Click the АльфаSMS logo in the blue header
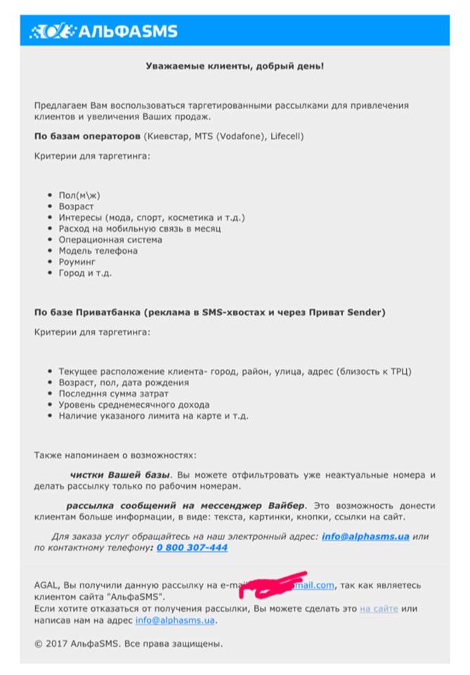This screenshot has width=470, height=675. [103, 31]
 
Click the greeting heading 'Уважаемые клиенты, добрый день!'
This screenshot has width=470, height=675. [235, 65]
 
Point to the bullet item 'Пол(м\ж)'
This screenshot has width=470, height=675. [79, 195]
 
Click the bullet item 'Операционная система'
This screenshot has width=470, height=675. [110, 240]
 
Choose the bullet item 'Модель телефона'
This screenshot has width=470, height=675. [98, 251]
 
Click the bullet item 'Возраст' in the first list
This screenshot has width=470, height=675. [76, 206]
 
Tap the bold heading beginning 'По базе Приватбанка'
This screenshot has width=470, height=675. [209, 311]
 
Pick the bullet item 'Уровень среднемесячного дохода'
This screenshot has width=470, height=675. [133, 405]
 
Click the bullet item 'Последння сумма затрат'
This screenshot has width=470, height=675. [113, 394]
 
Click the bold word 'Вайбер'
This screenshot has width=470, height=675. [287, 506]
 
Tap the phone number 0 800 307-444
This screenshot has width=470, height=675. [192, 548]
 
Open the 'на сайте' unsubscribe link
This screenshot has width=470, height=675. [379, 608]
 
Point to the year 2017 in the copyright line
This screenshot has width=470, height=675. [57, 643]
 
